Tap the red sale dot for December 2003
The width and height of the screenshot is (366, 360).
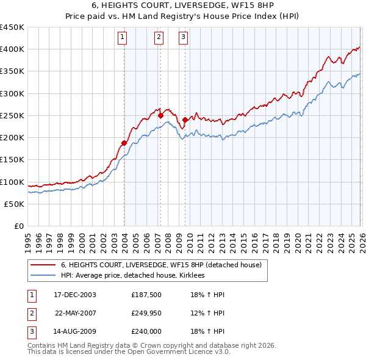click(124, 143)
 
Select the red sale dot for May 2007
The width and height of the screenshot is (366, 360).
click(160, 115)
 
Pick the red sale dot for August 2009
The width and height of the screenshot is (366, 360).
click(184, 120)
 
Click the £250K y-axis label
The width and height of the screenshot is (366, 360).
click(12, 115)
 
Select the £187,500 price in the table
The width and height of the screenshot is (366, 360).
click(146, 295)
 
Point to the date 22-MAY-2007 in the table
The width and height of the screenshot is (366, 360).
click(76, 313)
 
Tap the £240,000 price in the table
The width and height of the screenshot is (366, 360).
click(146, 331)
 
